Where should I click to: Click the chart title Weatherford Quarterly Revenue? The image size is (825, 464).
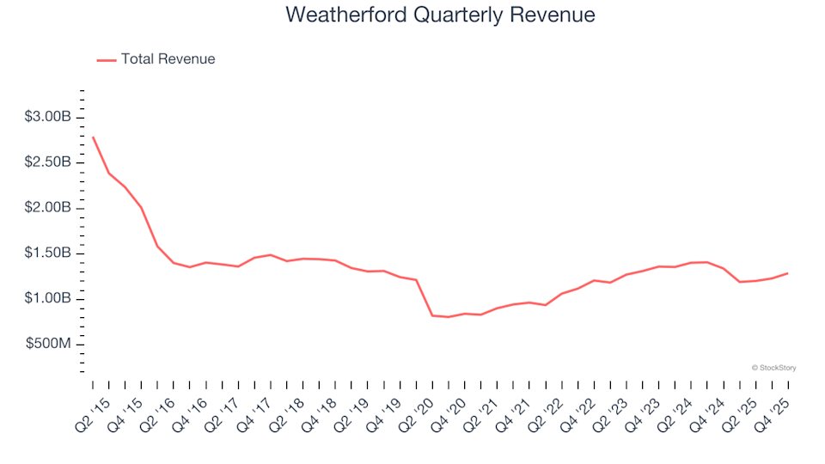(440, 15)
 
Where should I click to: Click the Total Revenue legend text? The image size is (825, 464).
(168, 59)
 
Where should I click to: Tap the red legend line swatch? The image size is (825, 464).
(107, 60)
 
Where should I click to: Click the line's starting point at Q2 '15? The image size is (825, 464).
(93, 137)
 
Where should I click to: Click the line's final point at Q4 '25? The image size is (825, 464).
(787, 273)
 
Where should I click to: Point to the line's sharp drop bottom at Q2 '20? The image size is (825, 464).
(432, 315)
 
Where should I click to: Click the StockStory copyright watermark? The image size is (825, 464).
(773, 368)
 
